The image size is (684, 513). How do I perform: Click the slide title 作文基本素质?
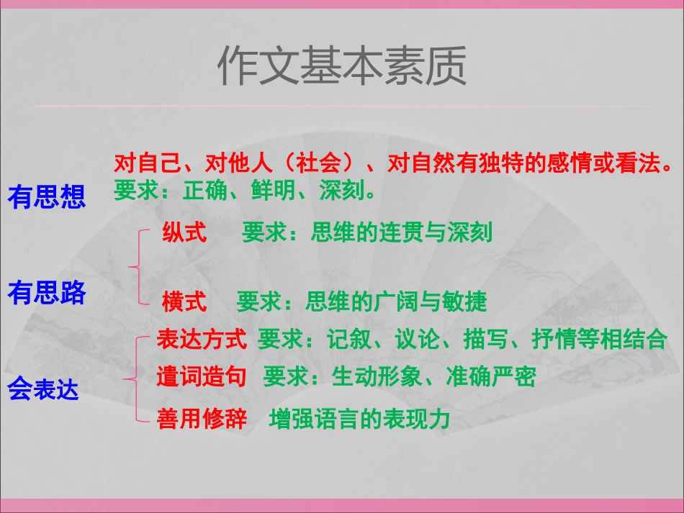click(x=342, y=65)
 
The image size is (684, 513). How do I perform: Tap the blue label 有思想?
click(x=47, y=196)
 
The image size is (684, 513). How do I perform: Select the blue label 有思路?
click(x=47, y=292)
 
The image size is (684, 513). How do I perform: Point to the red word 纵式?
click(x=184, y=233)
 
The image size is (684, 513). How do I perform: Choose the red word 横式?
click(x=184, y=301)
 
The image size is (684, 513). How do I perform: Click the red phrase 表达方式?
click(x=202, y=339)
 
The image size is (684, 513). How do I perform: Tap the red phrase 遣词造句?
click(x=202, y=376)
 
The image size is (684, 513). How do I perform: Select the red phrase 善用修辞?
click(x=202, y=419)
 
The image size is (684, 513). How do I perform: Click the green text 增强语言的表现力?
click(x=359, y=419)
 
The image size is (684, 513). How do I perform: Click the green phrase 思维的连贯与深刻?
click(x=402, y=233)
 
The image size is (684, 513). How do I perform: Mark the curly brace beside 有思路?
click(x=137, y=267)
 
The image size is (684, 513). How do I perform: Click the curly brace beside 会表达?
click(x=132, y=378)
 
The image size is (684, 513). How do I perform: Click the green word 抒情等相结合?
click(x=599, y=339)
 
